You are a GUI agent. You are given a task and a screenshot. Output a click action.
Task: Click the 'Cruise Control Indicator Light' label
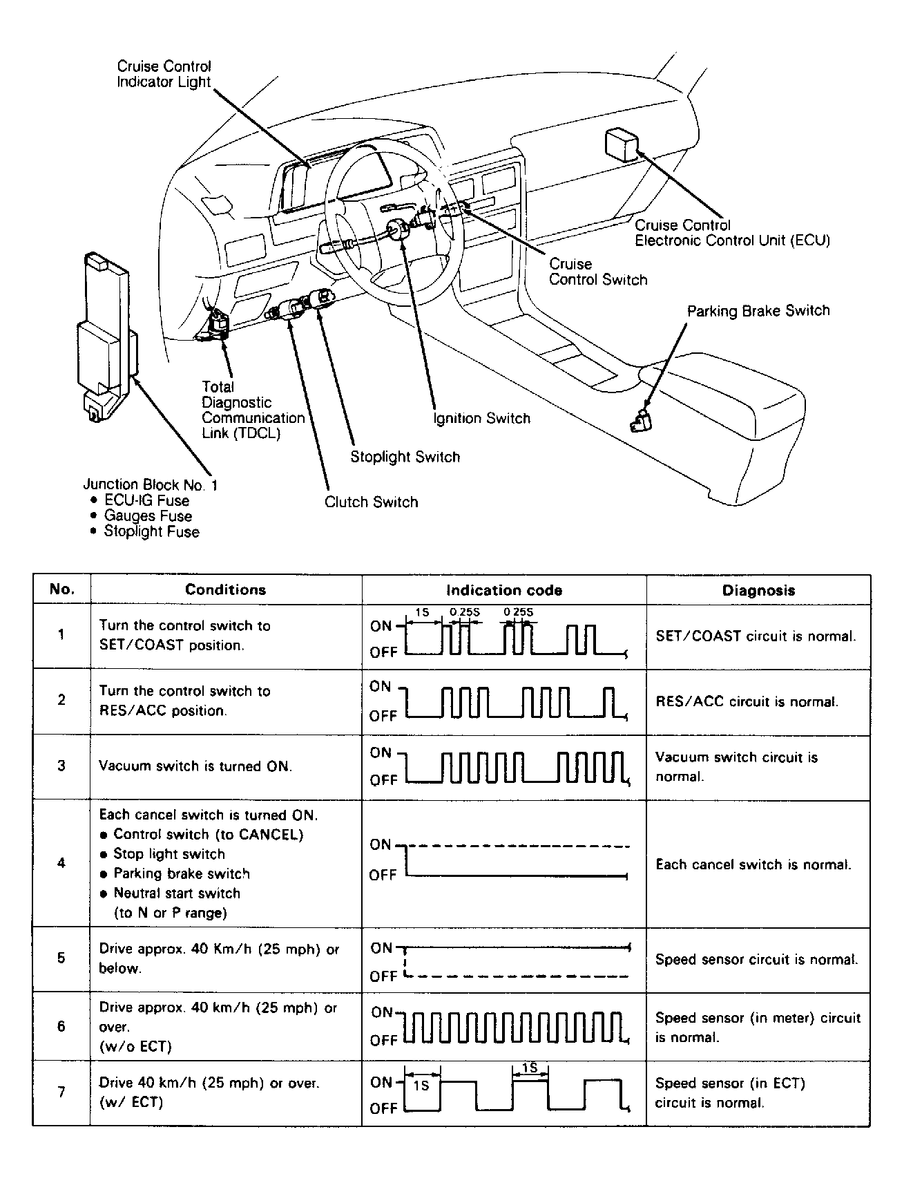click(x=164, y=74)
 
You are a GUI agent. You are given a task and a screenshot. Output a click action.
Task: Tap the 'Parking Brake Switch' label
click(x=758, y=311)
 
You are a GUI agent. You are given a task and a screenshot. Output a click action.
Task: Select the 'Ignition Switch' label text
click(x=481, y=418)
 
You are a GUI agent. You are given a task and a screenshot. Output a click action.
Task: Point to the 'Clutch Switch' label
click(x=371, y=502)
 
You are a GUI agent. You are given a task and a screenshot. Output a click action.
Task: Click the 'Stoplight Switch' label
click(x=405, y=457)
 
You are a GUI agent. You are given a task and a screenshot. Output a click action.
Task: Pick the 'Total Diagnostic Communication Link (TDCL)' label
click(x=252, y=410)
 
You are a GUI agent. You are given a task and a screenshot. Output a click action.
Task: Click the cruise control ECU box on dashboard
click(x=621, y=144)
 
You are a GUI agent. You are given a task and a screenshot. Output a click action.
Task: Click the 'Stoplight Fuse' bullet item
click(x=151, y=531)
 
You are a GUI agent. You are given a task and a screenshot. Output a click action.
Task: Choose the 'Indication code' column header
click(x=503, y=590)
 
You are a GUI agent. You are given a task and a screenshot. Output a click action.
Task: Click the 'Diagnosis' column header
click(x=758, y=590)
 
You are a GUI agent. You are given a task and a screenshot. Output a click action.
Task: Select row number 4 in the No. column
click(x=61, y=862)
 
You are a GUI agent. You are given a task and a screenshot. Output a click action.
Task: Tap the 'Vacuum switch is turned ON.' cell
click(x=195, y=766)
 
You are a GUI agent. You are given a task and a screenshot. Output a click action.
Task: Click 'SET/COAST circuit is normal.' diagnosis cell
click(x=756, y=636)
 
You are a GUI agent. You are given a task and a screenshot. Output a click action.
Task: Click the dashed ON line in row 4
click(x=518, y=846)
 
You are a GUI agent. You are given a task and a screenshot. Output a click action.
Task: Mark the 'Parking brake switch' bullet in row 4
click(x=181, y=873)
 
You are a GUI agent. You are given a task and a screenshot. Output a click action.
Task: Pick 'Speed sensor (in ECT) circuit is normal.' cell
click(x=730, y=1092)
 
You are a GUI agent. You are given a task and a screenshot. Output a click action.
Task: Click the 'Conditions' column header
click(x=225, y=589)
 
